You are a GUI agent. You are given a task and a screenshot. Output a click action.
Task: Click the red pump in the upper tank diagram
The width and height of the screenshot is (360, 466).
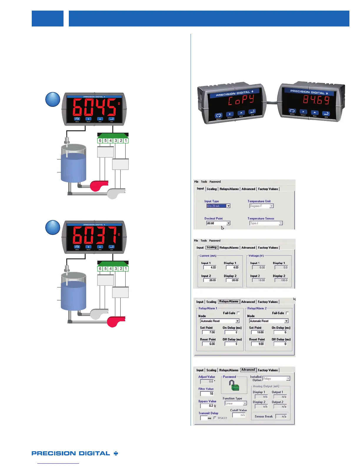(x=99, y=186)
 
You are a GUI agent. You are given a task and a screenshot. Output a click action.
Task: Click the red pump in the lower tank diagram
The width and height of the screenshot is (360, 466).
(x=116, y=322)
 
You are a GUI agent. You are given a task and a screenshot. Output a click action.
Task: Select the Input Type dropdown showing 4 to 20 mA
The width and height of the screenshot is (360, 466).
(x=218, y=206)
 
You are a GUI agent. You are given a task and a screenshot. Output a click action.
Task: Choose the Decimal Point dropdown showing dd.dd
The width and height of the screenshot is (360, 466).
(x=218, y=223)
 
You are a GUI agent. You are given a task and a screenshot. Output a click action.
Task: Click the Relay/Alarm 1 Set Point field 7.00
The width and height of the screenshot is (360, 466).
(x=209, y=332)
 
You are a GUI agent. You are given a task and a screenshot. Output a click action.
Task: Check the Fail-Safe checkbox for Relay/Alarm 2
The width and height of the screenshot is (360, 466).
(x=287, y=313)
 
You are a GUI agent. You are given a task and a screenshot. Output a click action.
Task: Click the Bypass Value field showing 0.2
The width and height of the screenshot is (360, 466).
(x=207, y=406)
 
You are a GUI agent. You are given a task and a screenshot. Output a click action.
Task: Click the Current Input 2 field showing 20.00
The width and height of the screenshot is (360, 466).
(x=210, y=280)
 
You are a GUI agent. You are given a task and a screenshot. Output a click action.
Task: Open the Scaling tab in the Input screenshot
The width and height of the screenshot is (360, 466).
(x=211, y=189)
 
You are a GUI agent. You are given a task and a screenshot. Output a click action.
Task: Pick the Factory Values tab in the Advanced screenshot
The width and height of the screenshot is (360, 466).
(x=268, y=370)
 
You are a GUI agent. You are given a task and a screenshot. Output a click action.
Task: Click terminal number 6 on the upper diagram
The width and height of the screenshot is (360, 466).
(x=100, y=141)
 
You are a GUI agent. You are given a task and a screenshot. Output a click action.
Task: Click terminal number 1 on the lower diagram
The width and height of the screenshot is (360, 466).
(x=126, y=269)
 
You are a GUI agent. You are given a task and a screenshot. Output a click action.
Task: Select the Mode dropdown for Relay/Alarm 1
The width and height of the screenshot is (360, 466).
(x=220, y=321)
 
